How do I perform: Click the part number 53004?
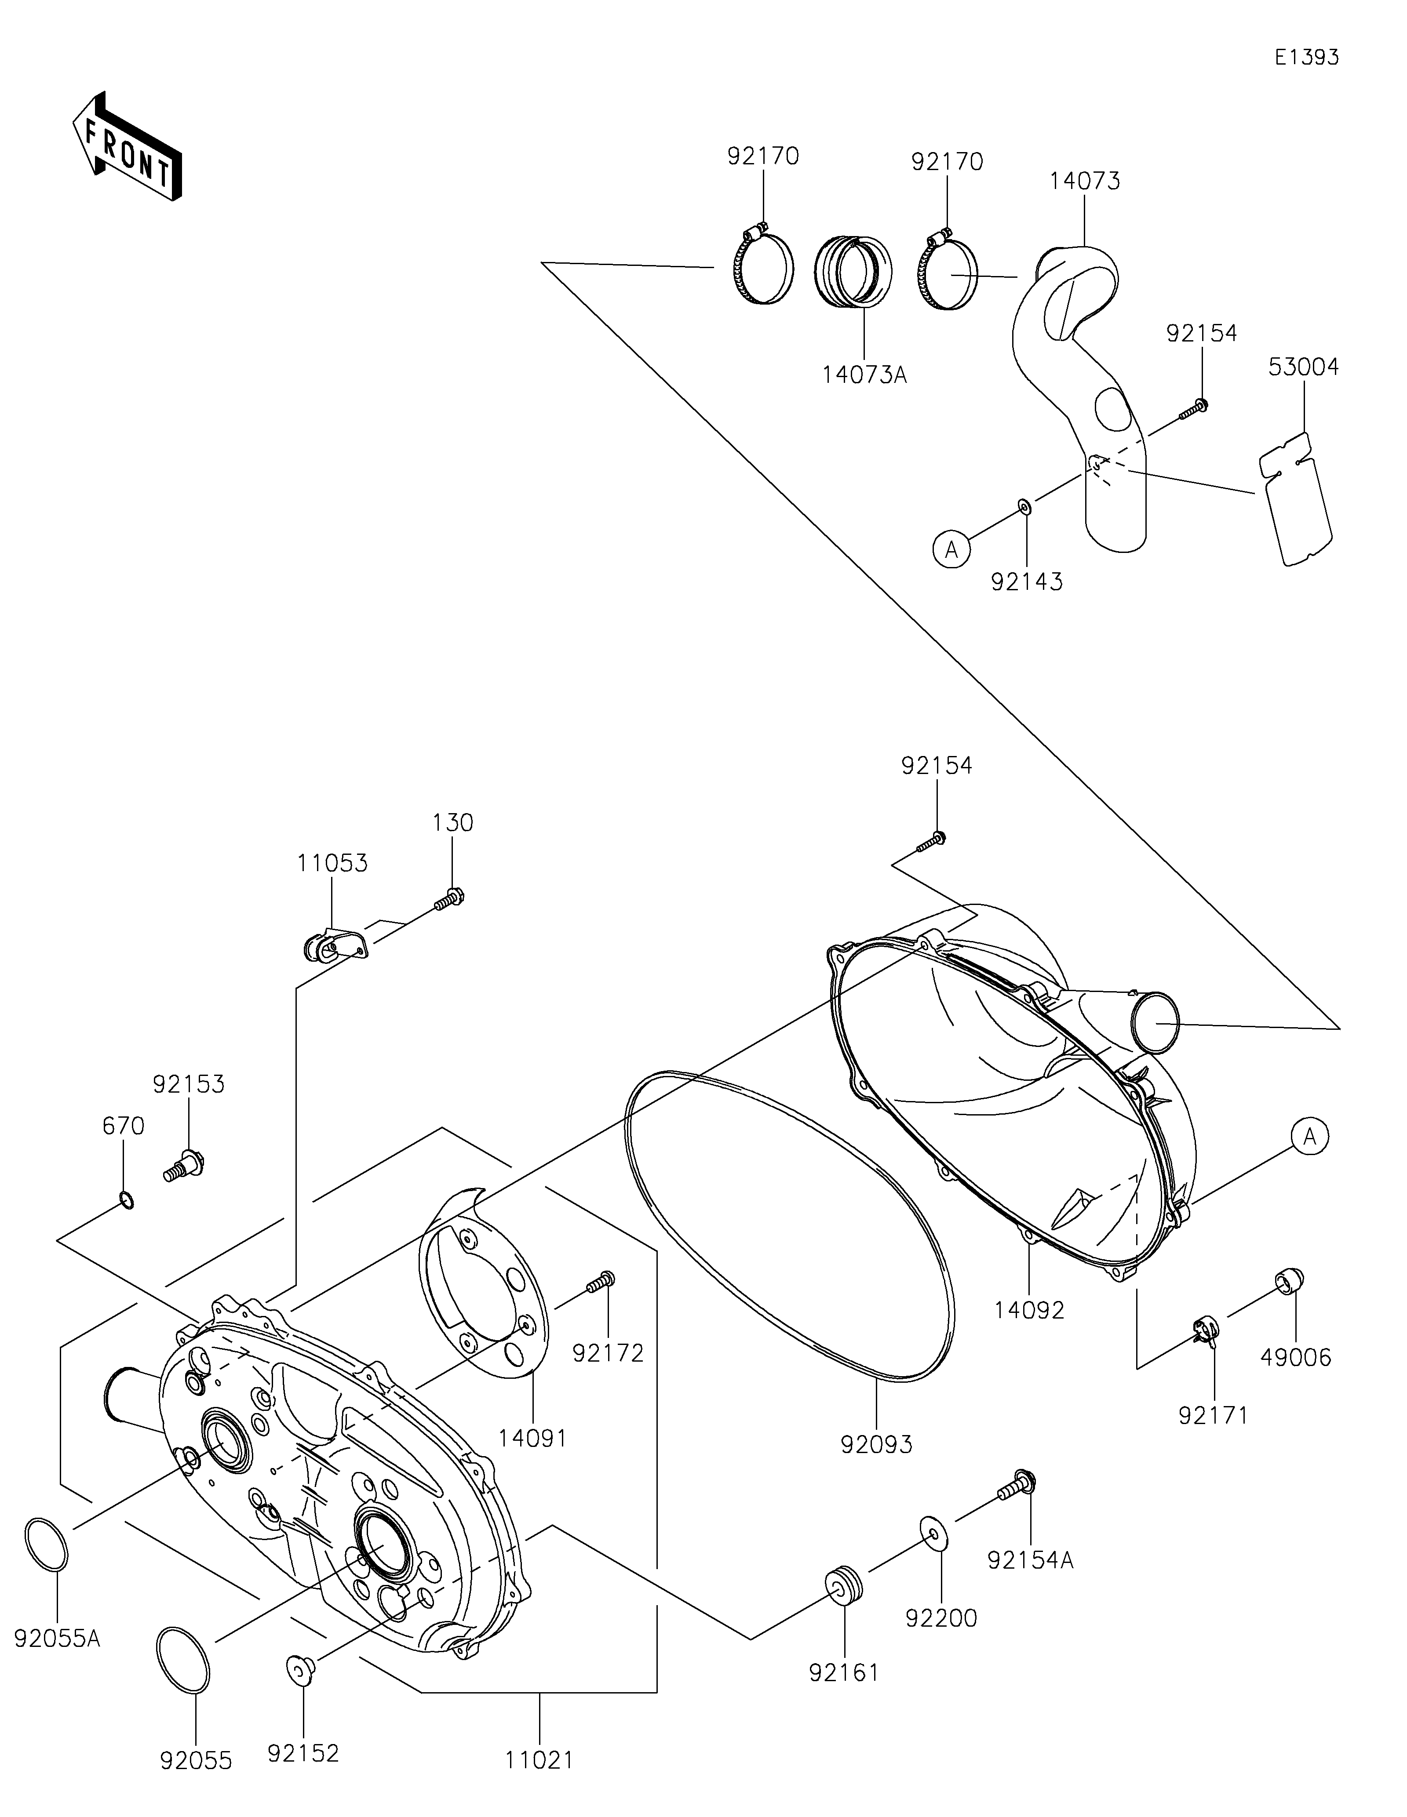[x=1303, y=367]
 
